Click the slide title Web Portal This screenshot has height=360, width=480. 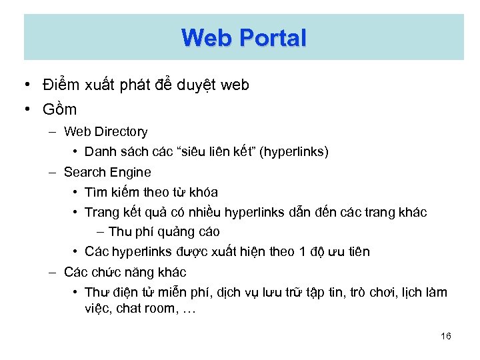pos(243,37)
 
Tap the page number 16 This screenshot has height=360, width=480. pos(446,336)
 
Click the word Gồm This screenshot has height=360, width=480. pos(60,109)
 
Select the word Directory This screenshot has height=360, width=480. pos(121,132)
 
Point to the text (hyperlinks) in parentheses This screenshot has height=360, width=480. pos(294,152)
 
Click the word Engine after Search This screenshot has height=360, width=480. pos(131,172)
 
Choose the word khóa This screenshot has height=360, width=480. pos(204,192)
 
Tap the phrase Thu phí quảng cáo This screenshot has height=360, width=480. pos(164,232)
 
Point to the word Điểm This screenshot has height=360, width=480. pos(61,85)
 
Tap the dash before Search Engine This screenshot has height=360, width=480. pos(52,172)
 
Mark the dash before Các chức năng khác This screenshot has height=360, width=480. pos(52,272)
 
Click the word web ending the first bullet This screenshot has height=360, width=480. pos(234,85)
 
